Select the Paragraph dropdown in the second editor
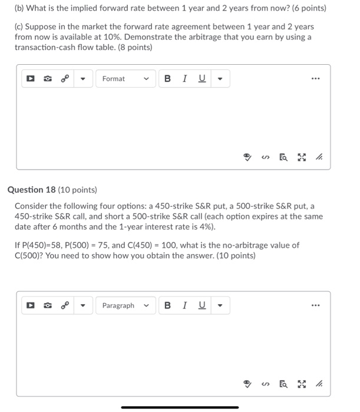[125, 305]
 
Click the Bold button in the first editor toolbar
[168, 79]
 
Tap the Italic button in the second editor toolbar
[185, 305]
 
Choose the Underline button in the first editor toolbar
[202, 79]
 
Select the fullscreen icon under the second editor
[302, 384]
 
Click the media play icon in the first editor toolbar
[28, 79]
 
